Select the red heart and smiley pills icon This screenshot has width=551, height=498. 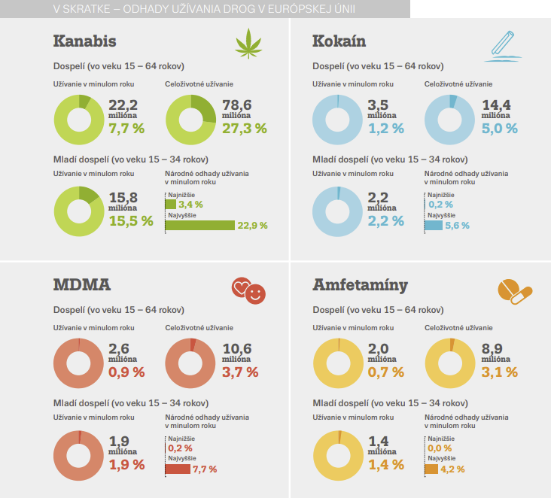tap(249, 290)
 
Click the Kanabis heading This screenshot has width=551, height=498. tap(84, 41)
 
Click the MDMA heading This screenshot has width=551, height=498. tap(82, 285)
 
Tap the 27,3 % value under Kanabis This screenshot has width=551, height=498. tap(245, 128)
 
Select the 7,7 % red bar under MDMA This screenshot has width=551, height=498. tap(178, 469)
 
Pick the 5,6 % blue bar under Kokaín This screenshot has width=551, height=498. tap(433, 225)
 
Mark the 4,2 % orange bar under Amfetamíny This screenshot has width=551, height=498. tap(431, 469)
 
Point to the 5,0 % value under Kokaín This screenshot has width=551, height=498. tap(500, 128)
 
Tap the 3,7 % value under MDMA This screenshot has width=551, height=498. tap(241, 372)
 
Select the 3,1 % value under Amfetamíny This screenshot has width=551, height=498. tap(500, 372)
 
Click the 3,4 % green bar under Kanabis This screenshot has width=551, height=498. tap(170, 204)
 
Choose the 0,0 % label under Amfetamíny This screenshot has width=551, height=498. tap(440, 448)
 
